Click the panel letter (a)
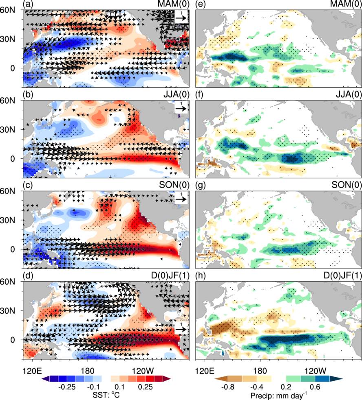point(28,4)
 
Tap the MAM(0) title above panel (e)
point(346,4)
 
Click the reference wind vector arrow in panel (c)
point(181,200)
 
